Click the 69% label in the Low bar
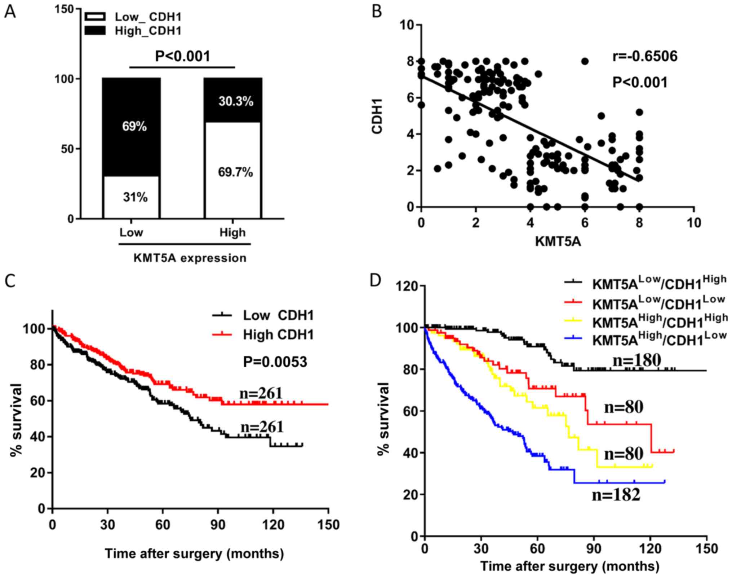134,127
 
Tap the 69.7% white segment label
236,172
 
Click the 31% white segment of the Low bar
135,197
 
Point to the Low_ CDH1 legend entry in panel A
148,17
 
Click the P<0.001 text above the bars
182,56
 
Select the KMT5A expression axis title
190,258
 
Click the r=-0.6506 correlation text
645,56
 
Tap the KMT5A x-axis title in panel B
558,241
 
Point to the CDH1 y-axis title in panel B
377,116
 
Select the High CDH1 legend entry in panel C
278,335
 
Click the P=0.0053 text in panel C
275,362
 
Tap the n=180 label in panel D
636,360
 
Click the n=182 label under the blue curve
616,495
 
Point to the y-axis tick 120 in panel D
408,286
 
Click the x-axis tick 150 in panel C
328,525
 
